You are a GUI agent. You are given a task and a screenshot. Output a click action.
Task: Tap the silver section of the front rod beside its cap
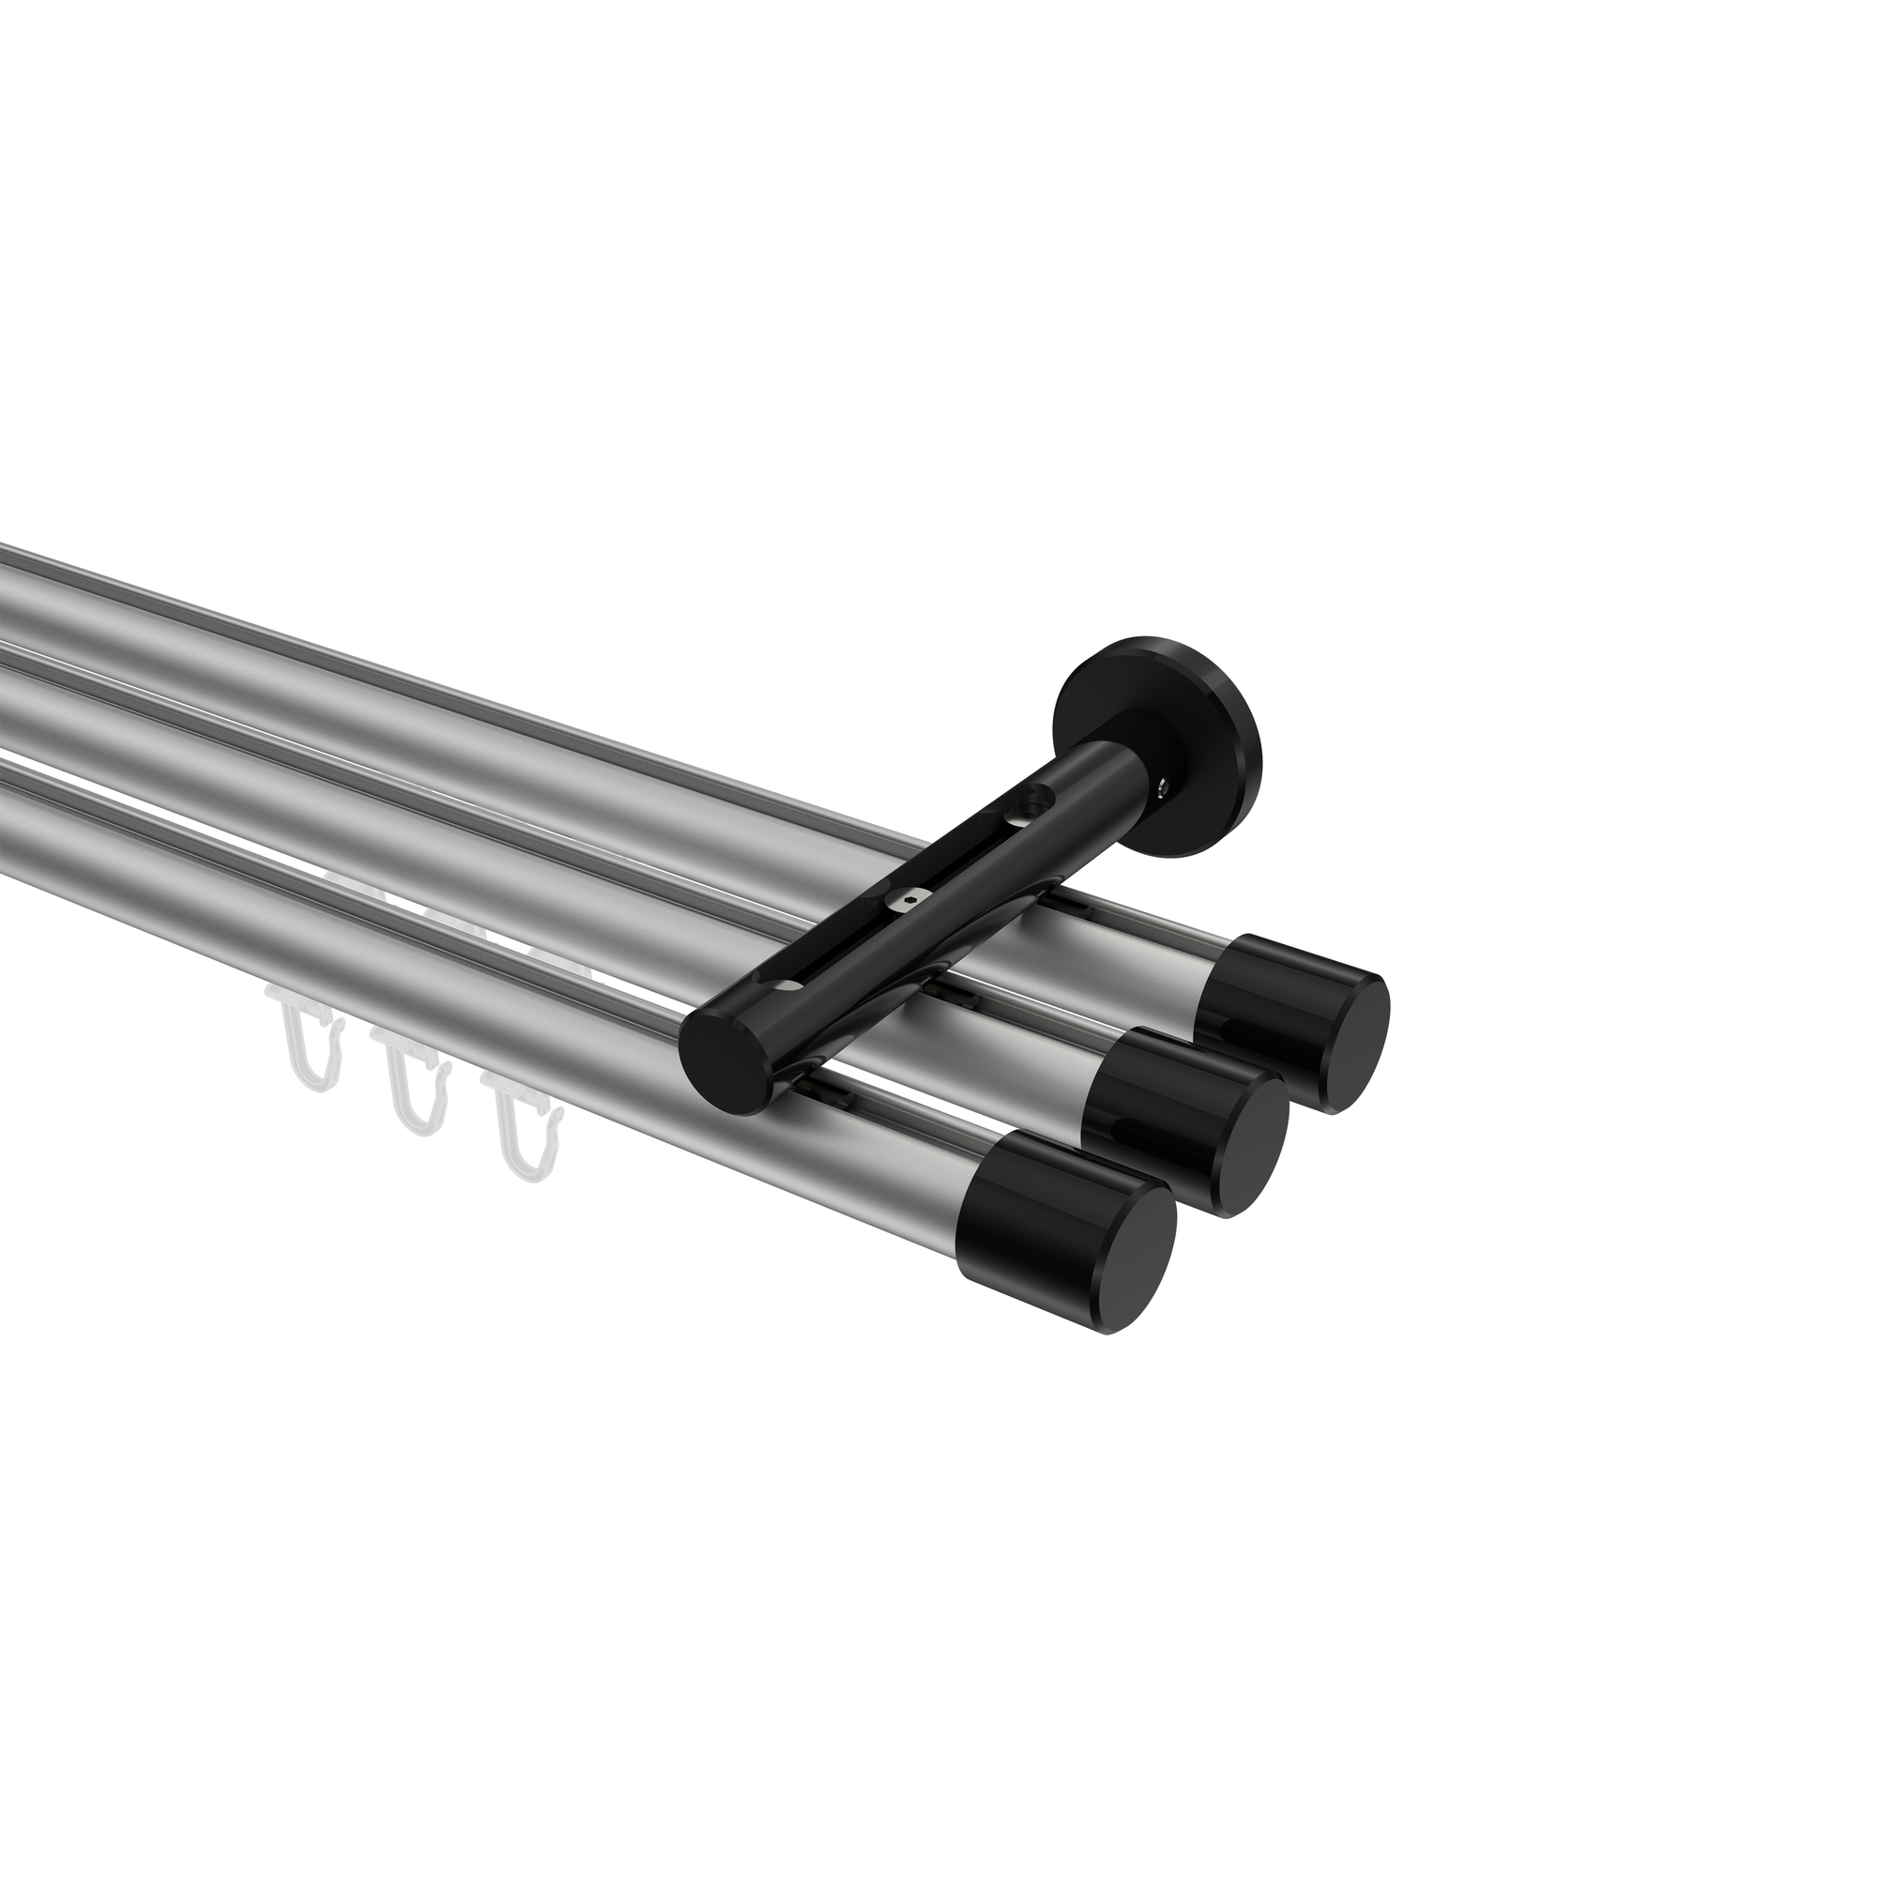click(x=904, y=1166)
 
